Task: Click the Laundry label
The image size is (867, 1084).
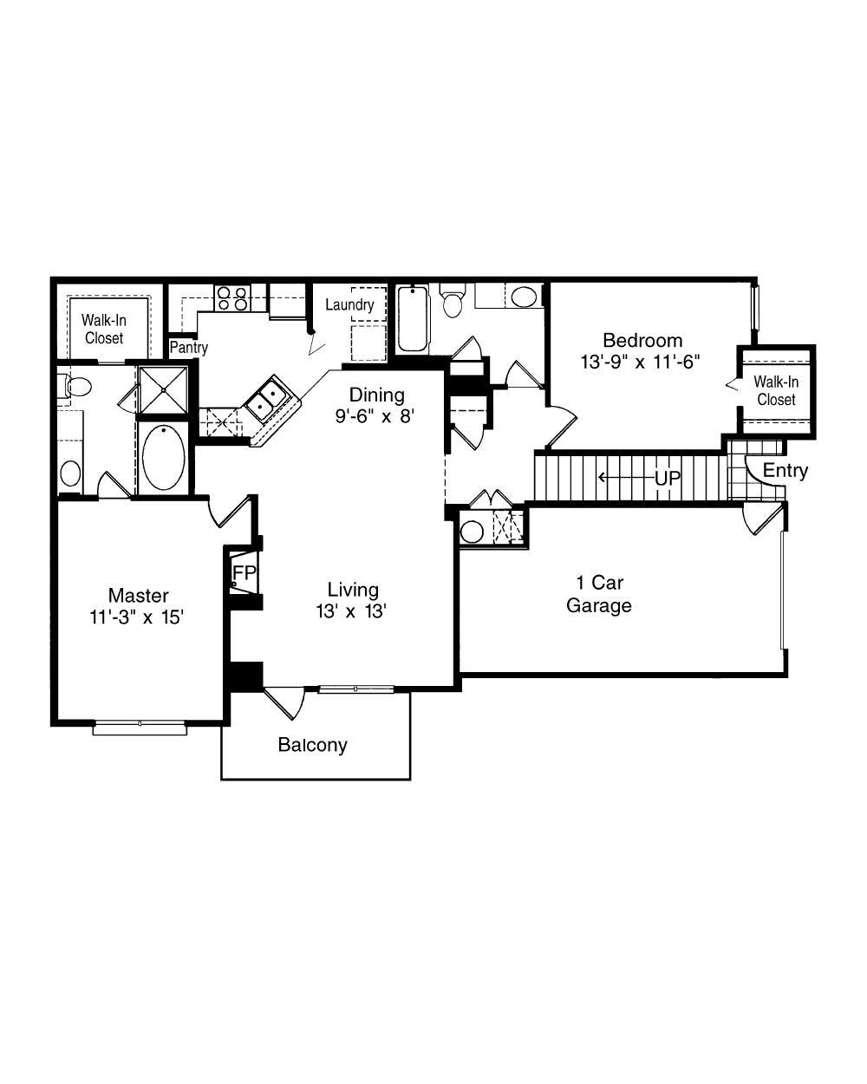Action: point(349,304)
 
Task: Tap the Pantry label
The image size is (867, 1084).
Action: point(188,348)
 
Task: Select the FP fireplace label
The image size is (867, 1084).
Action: point(244,572)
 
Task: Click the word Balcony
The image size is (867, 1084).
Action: point(312,745)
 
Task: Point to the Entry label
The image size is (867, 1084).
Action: point(786,471)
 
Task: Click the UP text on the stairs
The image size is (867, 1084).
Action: point(668,478)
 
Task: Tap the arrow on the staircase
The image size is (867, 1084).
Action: point(626,477)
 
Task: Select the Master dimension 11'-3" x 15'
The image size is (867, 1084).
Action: point(136,617)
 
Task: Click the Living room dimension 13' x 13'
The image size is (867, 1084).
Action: point(351,611)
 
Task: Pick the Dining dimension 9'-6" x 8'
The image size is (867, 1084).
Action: point(375,416)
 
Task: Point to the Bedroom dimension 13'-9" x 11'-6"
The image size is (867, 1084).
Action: point(641,362)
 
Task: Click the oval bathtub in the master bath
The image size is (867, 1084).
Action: point(163,457)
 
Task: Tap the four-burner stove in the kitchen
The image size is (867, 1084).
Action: point(232,298)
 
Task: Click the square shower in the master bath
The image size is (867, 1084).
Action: point(163,390)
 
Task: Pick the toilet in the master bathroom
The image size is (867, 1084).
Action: point(75,387)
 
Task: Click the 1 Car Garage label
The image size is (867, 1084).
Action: point(599,594)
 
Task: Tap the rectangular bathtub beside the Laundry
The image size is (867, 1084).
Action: point(413,318)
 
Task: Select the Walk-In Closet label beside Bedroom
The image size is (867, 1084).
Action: point(776,391)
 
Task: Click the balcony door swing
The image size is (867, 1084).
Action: point(284,702)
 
